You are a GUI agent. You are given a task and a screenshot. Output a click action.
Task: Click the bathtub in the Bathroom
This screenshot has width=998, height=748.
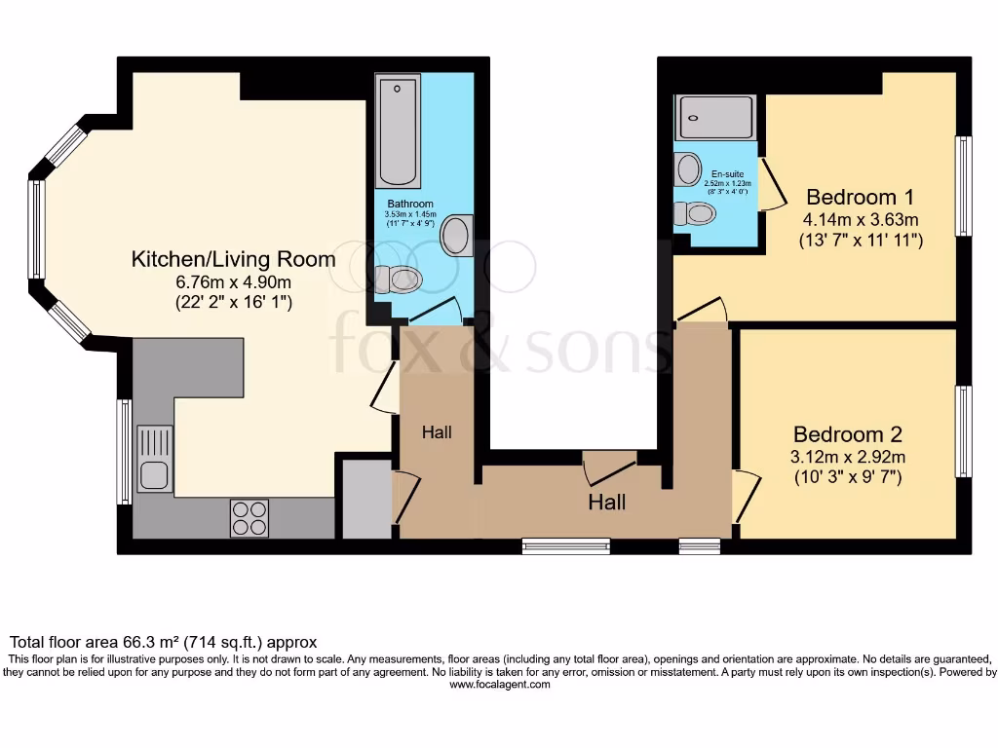(x=398, y=132)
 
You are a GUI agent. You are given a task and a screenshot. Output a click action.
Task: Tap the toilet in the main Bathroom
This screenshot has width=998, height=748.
(x=399, y=280)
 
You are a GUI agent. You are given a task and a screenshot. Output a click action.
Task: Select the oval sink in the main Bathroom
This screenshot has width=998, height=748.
(x=455, y=236)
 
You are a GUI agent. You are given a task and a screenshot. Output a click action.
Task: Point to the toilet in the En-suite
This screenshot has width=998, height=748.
(x=698, y=213)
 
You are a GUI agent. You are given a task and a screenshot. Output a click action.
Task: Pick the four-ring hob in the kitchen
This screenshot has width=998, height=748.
(x=249, y=517)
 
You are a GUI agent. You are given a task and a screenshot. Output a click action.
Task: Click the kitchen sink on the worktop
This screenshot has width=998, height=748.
(x=155, y=459)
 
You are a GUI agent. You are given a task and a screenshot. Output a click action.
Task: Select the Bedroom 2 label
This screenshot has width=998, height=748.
(x=847, y=434)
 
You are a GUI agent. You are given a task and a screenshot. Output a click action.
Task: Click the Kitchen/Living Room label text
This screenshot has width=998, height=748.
(x=233, y=259)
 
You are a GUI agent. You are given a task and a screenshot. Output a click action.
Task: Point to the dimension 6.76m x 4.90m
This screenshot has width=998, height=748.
(x=233, y=281)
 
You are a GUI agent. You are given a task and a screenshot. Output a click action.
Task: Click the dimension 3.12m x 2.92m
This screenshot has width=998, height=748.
(x=847, y=457)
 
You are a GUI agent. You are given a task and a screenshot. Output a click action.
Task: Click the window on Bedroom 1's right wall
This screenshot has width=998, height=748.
(x=964, y=185)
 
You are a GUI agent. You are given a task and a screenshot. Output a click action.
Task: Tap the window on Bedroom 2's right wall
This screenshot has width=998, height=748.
(x=964, y=431)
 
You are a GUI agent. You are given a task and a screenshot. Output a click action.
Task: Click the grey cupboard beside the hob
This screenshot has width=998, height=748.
(x=365, y=498)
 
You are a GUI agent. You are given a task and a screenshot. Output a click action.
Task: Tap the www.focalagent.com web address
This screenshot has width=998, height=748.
(x=499, y=685)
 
